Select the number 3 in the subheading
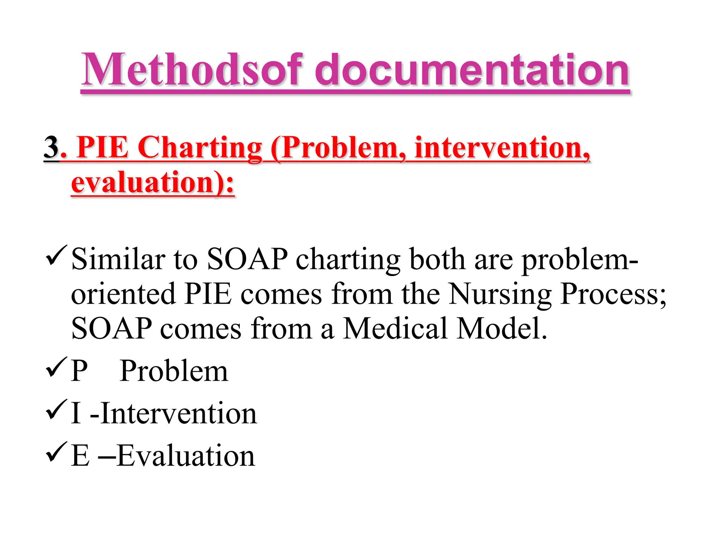pos(52,147)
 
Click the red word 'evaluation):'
pos(153,183)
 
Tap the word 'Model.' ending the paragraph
pos(501,329)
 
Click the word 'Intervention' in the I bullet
pos(179,413)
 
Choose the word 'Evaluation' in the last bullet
pos(185,456)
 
